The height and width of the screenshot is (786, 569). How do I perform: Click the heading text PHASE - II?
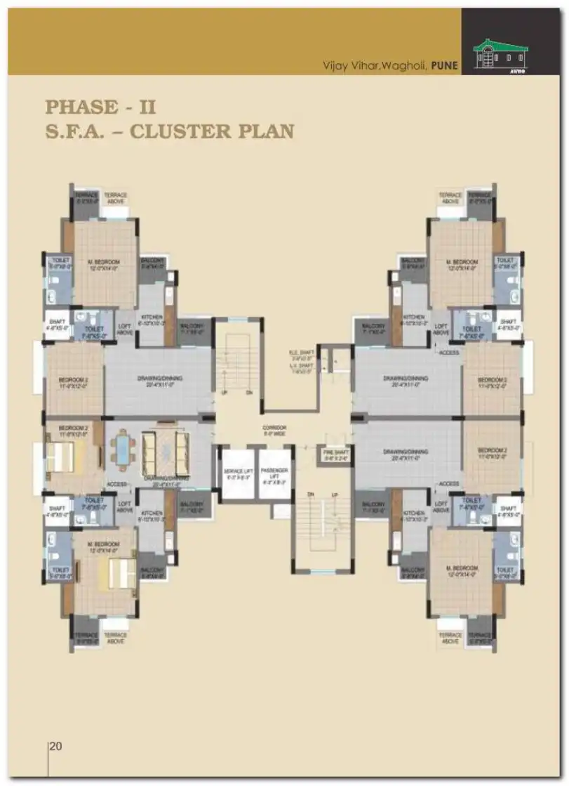pyautogui.click(x=100, y=107)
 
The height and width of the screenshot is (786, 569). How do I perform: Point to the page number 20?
pyautogui.click(x=55, y=747)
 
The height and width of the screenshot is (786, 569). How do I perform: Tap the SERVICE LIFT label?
pyautogui.click(x=238, y=473)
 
